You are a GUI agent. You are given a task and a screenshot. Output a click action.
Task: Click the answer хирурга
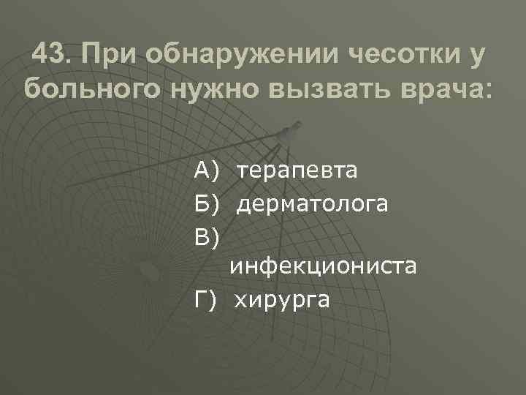pos(283,298)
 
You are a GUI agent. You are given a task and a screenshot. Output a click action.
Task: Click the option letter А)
pos(207,172)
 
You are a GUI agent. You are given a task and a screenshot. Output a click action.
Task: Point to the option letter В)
pos(207,236)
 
